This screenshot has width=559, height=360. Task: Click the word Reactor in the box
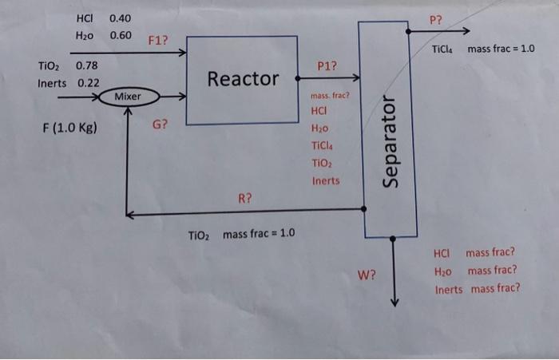coord(243,79)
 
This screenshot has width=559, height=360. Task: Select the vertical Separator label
coord(390,141)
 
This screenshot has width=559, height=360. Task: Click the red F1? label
coord(157,40)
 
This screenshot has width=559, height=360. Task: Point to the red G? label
coord(160,125)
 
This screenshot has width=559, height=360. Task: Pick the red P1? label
coord(327,66)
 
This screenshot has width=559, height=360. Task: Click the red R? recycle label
coord(245,198)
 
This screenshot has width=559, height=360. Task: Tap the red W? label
coord(367,275)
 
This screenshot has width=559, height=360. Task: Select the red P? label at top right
coord(436,20)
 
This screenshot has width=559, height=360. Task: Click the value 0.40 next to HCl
coord(120,18)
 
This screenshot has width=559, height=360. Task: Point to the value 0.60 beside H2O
coord(121,35)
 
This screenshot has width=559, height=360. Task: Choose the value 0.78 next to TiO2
coord(86,65)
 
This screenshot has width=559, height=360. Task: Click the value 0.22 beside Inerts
coord(89,83)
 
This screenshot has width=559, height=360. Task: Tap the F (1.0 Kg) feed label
coord(70,128)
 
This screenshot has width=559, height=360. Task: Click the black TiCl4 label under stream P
coord(442,49)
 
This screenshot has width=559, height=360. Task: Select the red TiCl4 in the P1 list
coord(322,145)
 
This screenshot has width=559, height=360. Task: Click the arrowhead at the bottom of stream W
coord(394,303)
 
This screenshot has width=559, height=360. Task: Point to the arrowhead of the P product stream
coord(466,31)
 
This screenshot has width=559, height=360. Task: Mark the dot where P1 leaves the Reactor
coord(298,78)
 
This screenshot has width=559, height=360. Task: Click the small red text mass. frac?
coord(330,96)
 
